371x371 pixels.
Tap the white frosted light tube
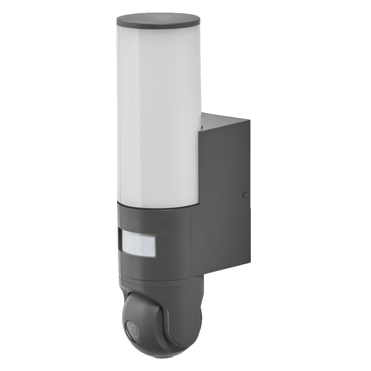pyautogui.click(x=158, y=111)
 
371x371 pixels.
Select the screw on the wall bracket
pyautogui.click(x=244, y=193)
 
